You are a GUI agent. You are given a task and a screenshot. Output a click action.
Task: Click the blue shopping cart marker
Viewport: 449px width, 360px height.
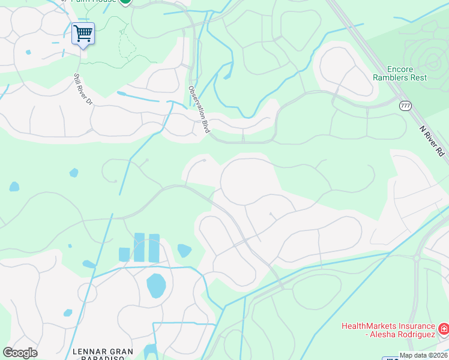click(x=83, y=33)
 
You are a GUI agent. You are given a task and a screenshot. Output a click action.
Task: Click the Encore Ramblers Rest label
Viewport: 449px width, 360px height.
click(x=399, y=73)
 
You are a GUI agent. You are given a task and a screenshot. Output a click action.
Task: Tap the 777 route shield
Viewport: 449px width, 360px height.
click(x=405, y=106)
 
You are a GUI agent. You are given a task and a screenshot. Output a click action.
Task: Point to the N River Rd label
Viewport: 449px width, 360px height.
click(x=432, y=142)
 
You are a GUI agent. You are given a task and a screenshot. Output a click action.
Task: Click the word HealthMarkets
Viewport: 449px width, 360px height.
click(x=367, y=326)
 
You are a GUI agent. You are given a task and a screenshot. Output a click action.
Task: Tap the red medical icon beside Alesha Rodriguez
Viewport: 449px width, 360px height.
click(x=443, y=329)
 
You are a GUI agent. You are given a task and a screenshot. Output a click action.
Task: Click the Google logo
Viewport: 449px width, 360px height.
click(x=20, y=353)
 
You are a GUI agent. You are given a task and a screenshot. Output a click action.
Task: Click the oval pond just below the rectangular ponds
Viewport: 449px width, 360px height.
click(x=155, y=286)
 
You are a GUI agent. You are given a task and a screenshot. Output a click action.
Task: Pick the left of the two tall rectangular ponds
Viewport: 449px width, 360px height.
click(x=139, y=247)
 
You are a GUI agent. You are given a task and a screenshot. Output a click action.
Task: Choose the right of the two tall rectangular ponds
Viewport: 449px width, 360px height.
click(x=154, y=247)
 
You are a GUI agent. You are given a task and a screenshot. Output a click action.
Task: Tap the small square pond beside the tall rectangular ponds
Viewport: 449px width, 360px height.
click(x=124, y=254)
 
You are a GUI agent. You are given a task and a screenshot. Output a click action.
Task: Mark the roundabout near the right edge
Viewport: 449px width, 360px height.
click(x=416, y=258)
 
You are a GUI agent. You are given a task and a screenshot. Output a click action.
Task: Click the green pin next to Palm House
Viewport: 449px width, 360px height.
click(x=125, y=2)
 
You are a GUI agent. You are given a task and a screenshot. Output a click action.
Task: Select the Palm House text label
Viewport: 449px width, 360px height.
click(x=95, y=2)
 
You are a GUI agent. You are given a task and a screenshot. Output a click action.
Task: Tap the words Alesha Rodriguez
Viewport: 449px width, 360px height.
click(x=402, y=335)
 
